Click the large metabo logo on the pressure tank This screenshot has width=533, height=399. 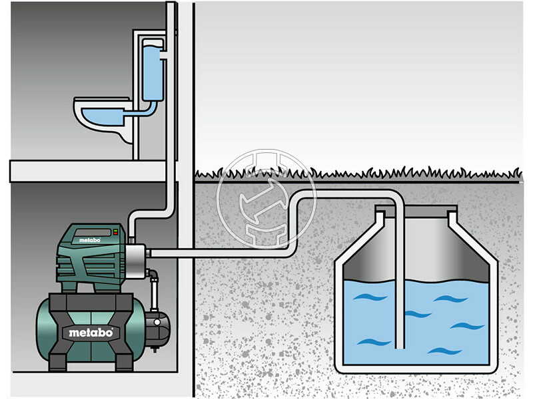click(x=91, y=331)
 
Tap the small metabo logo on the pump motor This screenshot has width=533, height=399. click(x=89, y=240)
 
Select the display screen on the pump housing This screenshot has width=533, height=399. click(x=89, y=233)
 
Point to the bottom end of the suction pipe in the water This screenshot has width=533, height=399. click(x=398, y=344)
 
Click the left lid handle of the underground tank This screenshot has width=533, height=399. click(x=380, y=213)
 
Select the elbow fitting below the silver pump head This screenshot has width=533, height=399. click(x=153, y=273)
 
